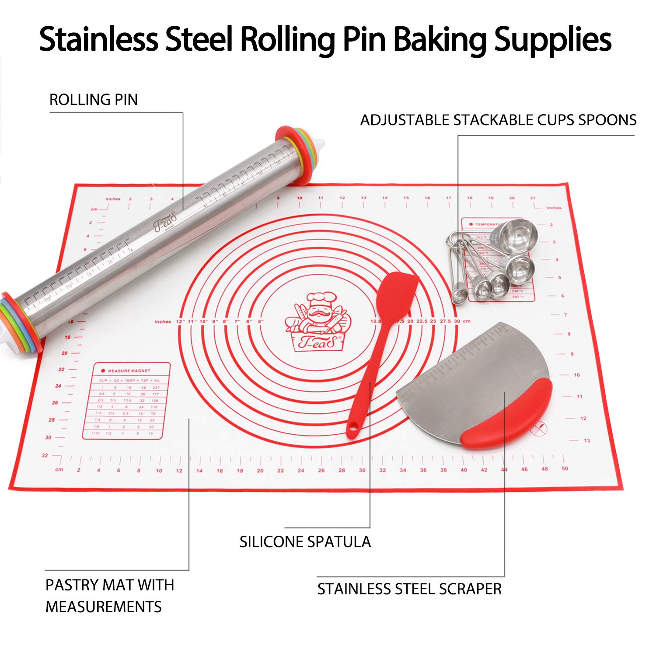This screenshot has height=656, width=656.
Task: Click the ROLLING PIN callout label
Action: (x=93, y=100)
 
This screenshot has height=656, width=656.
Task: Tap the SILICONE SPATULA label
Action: (x=305, y=542)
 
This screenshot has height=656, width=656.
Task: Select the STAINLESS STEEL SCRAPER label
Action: (x=409, y=589)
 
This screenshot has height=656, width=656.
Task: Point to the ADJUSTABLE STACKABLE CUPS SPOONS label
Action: (x=498, y=120)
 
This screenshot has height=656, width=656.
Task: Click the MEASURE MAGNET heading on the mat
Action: (x=129, y=371)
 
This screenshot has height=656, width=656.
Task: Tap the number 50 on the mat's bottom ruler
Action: (x=565, y=468)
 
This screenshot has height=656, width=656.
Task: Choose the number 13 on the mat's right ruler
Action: (x=587, y=440)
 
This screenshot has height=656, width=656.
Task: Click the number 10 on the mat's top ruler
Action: (x=300, y=198)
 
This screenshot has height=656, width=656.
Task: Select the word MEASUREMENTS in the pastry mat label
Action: (x=104, y=607)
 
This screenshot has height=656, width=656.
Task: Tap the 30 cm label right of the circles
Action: (x=457, y=321)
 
